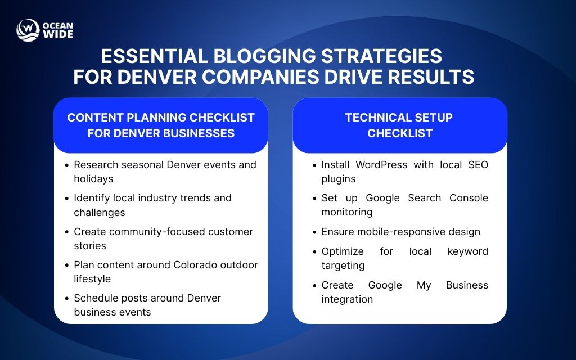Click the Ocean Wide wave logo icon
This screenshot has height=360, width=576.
pyautogui.click(x=27, y=30)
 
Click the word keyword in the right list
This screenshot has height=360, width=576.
pyautogui.click(x=467, y=251)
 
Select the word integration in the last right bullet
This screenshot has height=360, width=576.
pyautogui.click(x=346, y=299)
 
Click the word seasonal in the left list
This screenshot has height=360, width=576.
pyautogui.click(x=138, y=165)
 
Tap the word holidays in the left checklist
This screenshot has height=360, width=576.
pyautogui.click(x=93, y=179)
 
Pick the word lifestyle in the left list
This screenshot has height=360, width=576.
pyautogui.click(x=92, y=279)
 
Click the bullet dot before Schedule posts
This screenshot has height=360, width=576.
pyautogui.click(x=66, y=299)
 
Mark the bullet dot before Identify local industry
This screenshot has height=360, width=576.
pyautogui.click(x=66, y=199)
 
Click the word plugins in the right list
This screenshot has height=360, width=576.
pyautogui.click(x=339, y=179)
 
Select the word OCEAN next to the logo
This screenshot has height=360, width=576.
pyautogui.click(x=57, y=25)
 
